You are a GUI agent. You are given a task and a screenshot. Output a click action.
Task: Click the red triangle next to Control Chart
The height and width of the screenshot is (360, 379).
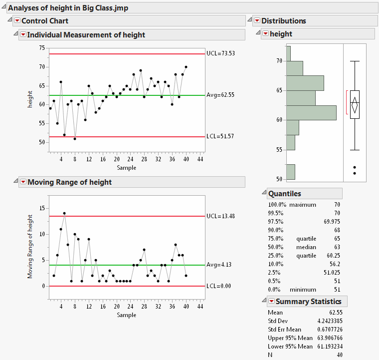pos(17,20)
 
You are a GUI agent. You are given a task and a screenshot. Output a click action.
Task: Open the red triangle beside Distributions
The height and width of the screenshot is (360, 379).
pos(257,20)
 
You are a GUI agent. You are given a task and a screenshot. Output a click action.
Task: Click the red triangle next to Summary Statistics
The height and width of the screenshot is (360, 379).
pos(271,302)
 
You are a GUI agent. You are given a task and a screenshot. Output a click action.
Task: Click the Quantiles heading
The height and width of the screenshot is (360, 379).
pos(284,194)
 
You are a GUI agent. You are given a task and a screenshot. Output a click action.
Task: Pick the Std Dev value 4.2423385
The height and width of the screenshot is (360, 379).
pos(327,321)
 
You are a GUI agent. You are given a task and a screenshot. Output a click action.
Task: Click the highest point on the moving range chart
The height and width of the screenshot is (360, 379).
pos(64,213)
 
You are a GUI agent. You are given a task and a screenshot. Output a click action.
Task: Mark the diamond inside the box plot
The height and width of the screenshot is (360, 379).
pos(355,105)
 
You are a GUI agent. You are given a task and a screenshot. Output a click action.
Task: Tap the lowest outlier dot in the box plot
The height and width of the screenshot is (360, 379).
pos(355,173)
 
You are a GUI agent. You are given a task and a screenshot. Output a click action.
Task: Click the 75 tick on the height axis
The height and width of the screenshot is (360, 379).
pos(42,48)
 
